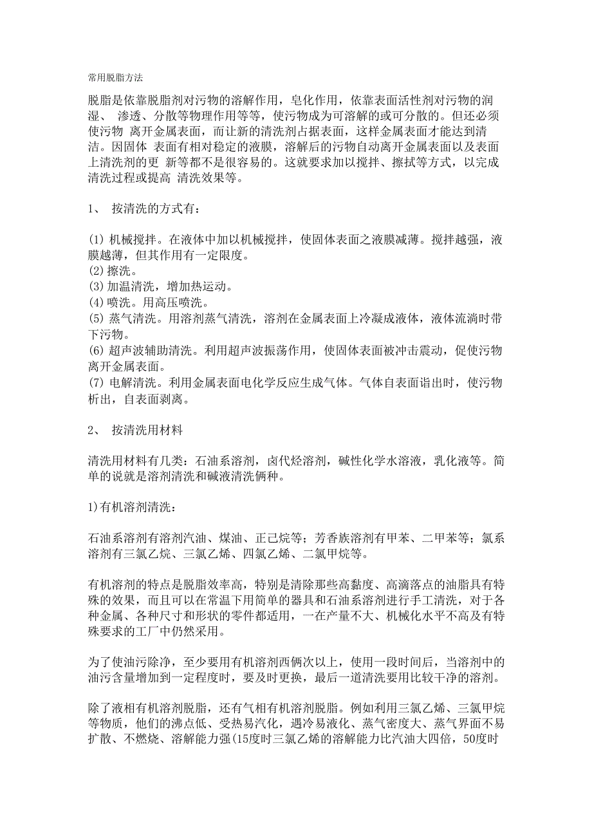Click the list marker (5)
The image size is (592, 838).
[x=96, y=318]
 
